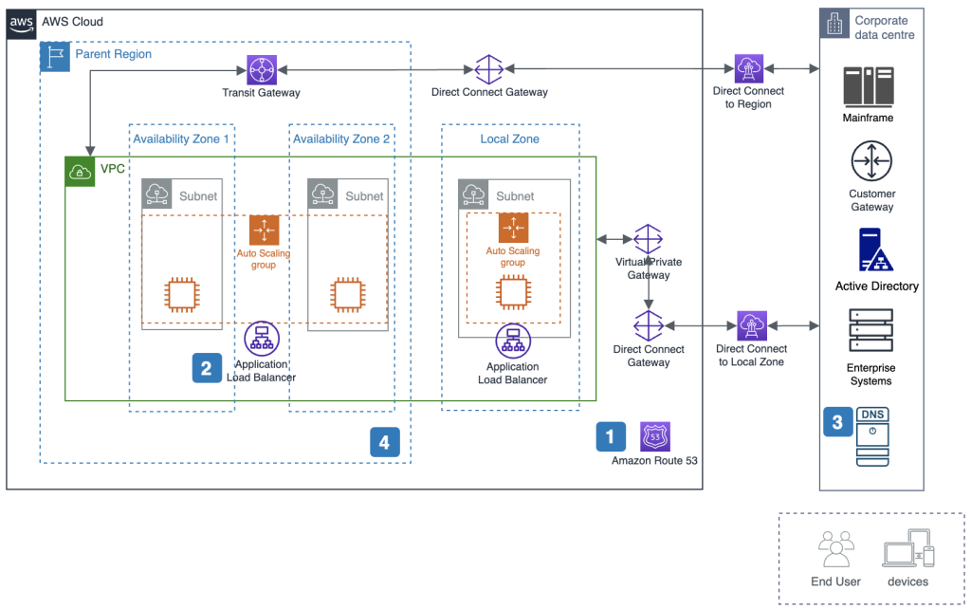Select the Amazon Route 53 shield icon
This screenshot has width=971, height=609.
click(x=655, y=436)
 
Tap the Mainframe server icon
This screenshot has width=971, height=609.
click(x=869, y=86)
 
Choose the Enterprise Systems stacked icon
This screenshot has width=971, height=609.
click(x=870, y=331)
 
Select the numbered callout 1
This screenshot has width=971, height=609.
click(x=611, y=436)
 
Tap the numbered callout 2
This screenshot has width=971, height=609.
click(x=207, y=367)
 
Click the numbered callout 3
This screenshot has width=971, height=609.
click(x=837, y=422)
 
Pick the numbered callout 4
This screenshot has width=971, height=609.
click(x=384, y=441)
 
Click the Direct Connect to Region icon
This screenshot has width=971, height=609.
click(x=749, y=68)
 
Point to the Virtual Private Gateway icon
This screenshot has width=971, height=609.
click(x=648, y=239)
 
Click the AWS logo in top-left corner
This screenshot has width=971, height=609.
click(x=22, y=23)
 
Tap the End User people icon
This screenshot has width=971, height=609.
click(x=834, y=550)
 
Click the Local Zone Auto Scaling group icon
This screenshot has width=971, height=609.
click(x=513, y=228)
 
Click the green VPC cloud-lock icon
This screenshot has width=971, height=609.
click(x=78, y=172)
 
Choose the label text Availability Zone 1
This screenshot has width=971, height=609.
click(x=181, y=139)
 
